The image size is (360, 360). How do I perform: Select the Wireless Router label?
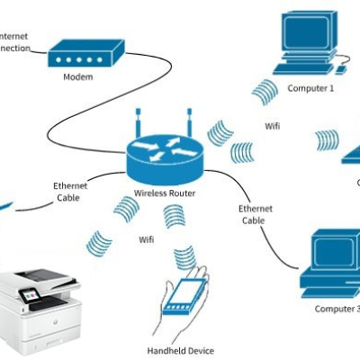(x=165, y=193)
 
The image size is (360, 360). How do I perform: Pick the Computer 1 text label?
(x=310, y=88)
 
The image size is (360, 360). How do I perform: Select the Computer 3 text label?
(x=336, y=309)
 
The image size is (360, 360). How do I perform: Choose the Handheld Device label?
(x=180, y=349)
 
